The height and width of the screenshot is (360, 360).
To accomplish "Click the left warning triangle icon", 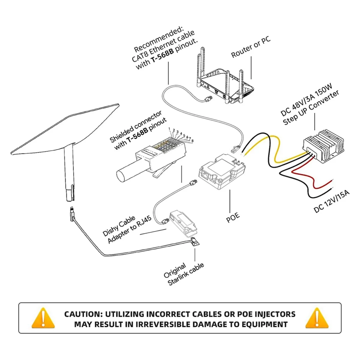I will (x=43, y=319).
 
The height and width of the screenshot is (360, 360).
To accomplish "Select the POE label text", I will (x=233, y=216).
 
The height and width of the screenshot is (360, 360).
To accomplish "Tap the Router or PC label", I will (x=250, y=47).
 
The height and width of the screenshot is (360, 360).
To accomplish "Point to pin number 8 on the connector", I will (x=192, y=140).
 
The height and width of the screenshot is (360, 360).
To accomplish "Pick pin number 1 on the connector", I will (x=169, y=129).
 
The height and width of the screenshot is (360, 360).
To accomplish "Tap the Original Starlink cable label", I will (x=184, y=274).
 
